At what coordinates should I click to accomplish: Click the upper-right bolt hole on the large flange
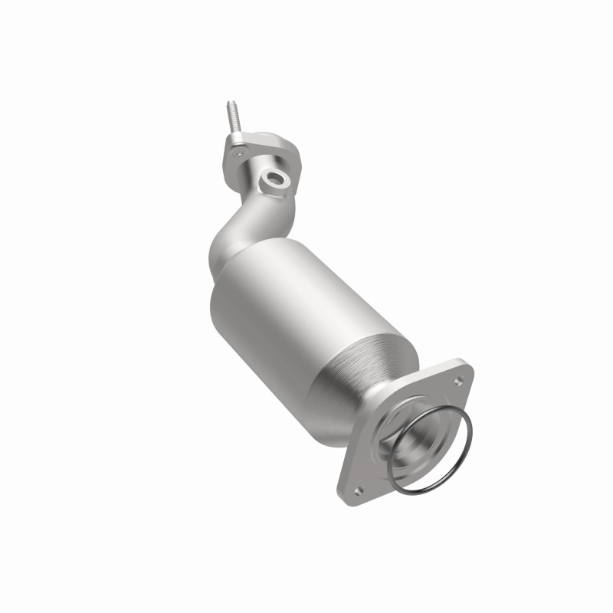tap(458, 379)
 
